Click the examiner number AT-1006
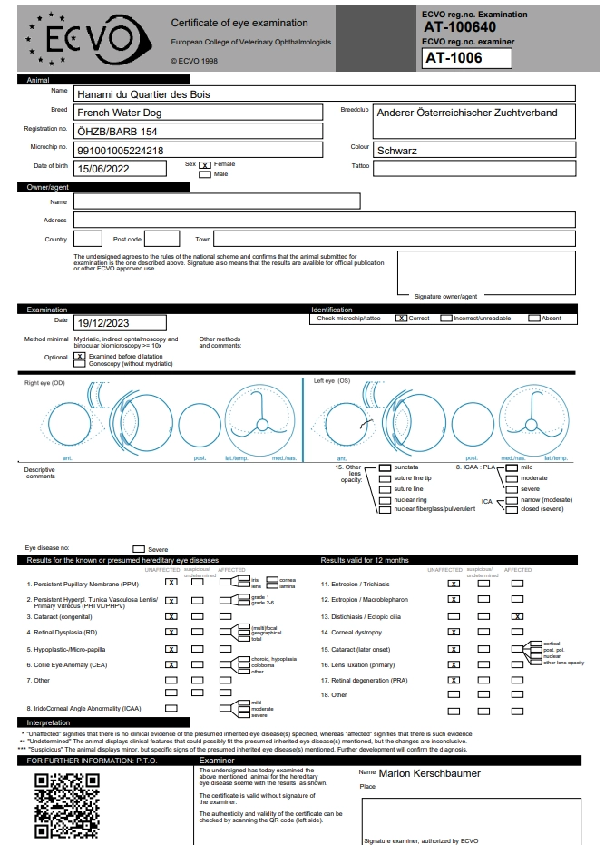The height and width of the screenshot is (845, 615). pyautogui.click(x=454, y=58)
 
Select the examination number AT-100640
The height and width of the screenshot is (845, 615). pyautogui.click(x=460, y=27)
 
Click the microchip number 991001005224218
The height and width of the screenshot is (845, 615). pyautogui.click(x=121, y=151)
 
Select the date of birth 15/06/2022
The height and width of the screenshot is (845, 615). pyautogui.click(x=104, y=169)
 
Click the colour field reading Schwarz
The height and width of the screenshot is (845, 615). pyautogui.click(x=397, y=151)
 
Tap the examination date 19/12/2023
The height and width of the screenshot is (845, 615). pyautogui.click(x=104, y=322)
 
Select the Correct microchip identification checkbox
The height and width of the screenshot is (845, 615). pyautogui.click(x=401, y=319)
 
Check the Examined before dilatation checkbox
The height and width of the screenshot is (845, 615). pyautogui.click(x=80, y=357)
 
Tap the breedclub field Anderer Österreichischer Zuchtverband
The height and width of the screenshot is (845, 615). pyautogui.click(x=466, y=113)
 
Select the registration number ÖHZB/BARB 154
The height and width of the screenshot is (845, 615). pyautogui.click(x=112, y=132)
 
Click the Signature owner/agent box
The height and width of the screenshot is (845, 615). pyautogui.click(x=485, y=271)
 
